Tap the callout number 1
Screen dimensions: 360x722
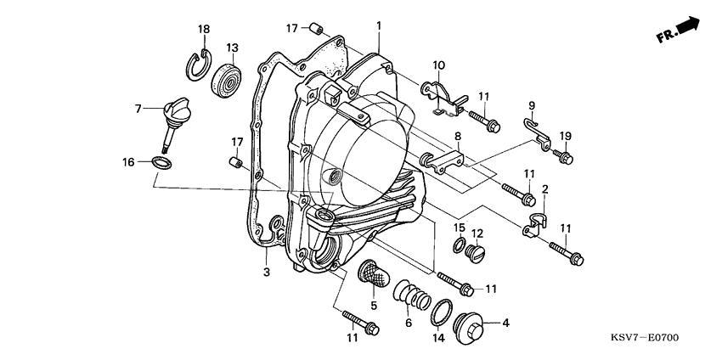coord(379,25)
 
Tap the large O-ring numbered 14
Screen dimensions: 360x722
coord(441,312)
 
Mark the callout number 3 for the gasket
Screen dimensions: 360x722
coord(265,272)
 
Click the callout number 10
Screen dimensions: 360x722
coord(438,65)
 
